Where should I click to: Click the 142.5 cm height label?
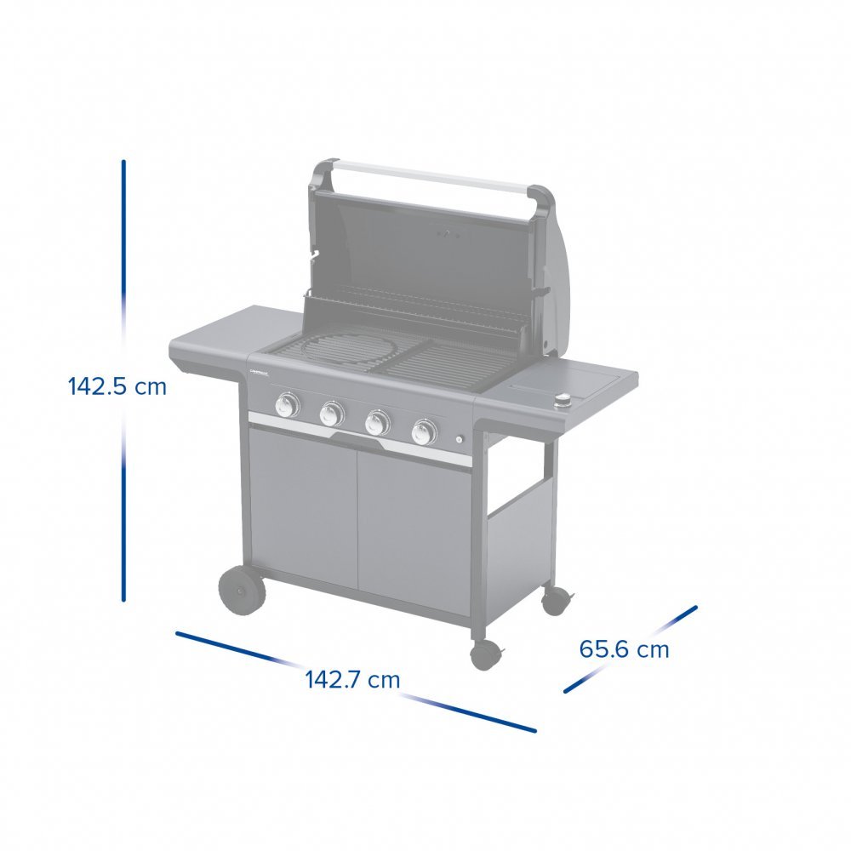pos(117,386)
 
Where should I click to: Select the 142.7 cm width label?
pos(352,679)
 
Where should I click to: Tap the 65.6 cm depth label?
pos(624,649)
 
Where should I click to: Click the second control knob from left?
pos(331,414)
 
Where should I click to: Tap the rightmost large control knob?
pos(422,431)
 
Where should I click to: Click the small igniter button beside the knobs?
pos(460,440)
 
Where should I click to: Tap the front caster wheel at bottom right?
pos(485,654)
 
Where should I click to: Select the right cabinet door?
pos(414,532)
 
